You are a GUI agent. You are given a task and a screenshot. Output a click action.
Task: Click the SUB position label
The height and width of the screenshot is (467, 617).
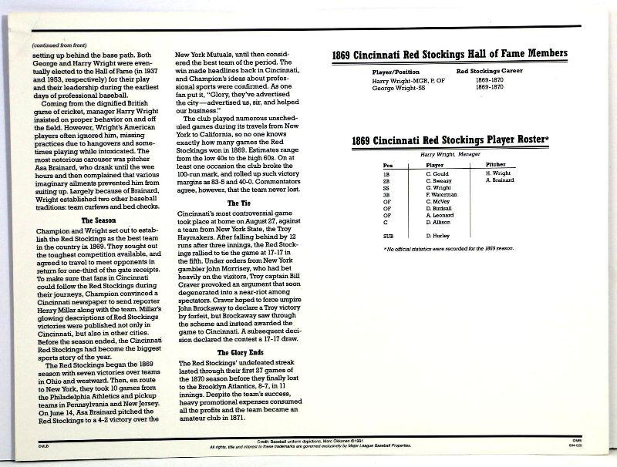point(387,234)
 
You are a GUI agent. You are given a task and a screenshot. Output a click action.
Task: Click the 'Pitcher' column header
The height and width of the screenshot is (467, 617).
point(496,165)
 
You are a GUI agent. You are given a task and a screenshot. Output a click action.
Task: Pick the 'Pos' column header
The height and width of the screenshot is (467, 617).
point(387,165)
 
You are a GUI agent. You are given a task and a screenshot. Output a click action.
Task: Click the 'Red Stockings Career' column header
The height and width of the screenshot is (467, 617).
point(491,71)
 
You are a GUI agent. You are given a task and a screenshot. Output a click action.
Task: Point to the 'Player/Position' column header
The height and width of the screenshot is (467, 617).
point(395,71)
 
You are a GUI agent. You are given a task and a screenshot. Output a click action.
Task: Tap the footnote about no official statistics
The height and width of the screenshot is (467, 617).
point(449,249)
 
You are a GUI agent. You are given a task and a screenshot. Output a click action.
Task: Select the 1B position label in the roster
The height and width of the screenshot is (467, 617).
point(387,173)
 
